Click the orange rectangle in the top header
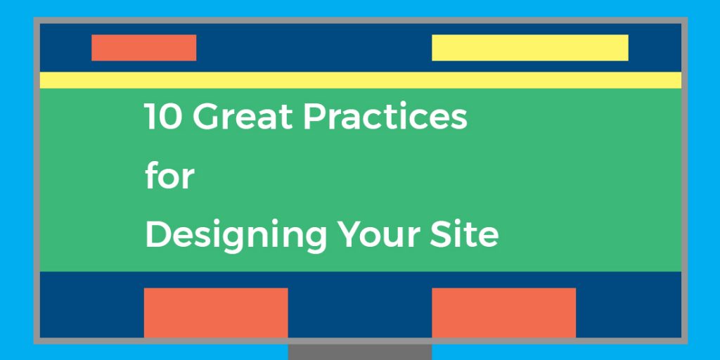(x=143, y=48)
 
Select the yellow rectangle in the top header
(x=529, y=48)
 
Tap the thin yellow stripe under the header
(x=360, y=80)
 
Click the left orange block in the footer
(x=216, y=312)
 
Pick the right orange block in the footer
(x=503, y=312)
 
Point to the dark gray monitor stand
(x=360, y=352)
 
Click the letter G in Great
(x=205, y=117)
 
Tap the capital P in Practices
(x=314, y=117)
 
